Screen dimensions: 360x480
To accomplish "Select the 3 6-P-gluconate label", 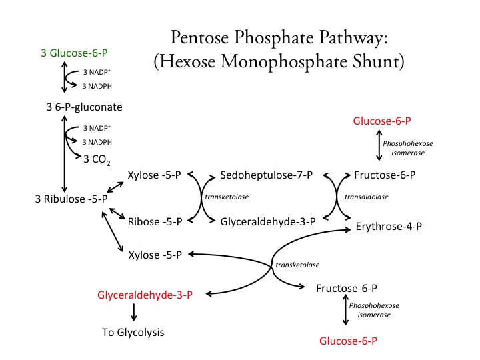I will pyautogui.click(x=82, y=106).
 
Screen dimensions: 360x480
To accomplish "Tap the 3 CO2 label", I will pyautogui.click(x=97, y=158).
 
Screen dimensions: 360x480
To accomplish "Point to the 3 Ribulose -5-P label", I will pyautogui.click(x=72, y=199).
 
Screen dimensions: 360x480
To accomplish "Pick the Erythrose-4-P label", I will pyautogui.click(x=389, y=227).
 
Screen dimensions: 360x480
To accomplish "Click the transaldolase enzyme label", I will pyautogui.click(x=366, y=197).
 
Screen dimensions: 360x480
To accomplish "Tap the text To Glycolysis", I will pyautogui.click(x=133, y=331).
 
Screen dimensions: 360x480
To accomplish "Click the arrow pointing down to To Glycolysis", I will pyautogui.click(x=134, y=312).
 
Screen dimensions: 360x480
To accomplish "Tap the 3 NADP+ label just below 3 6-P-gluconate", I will pyautogui.click(x=97, y=128).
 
